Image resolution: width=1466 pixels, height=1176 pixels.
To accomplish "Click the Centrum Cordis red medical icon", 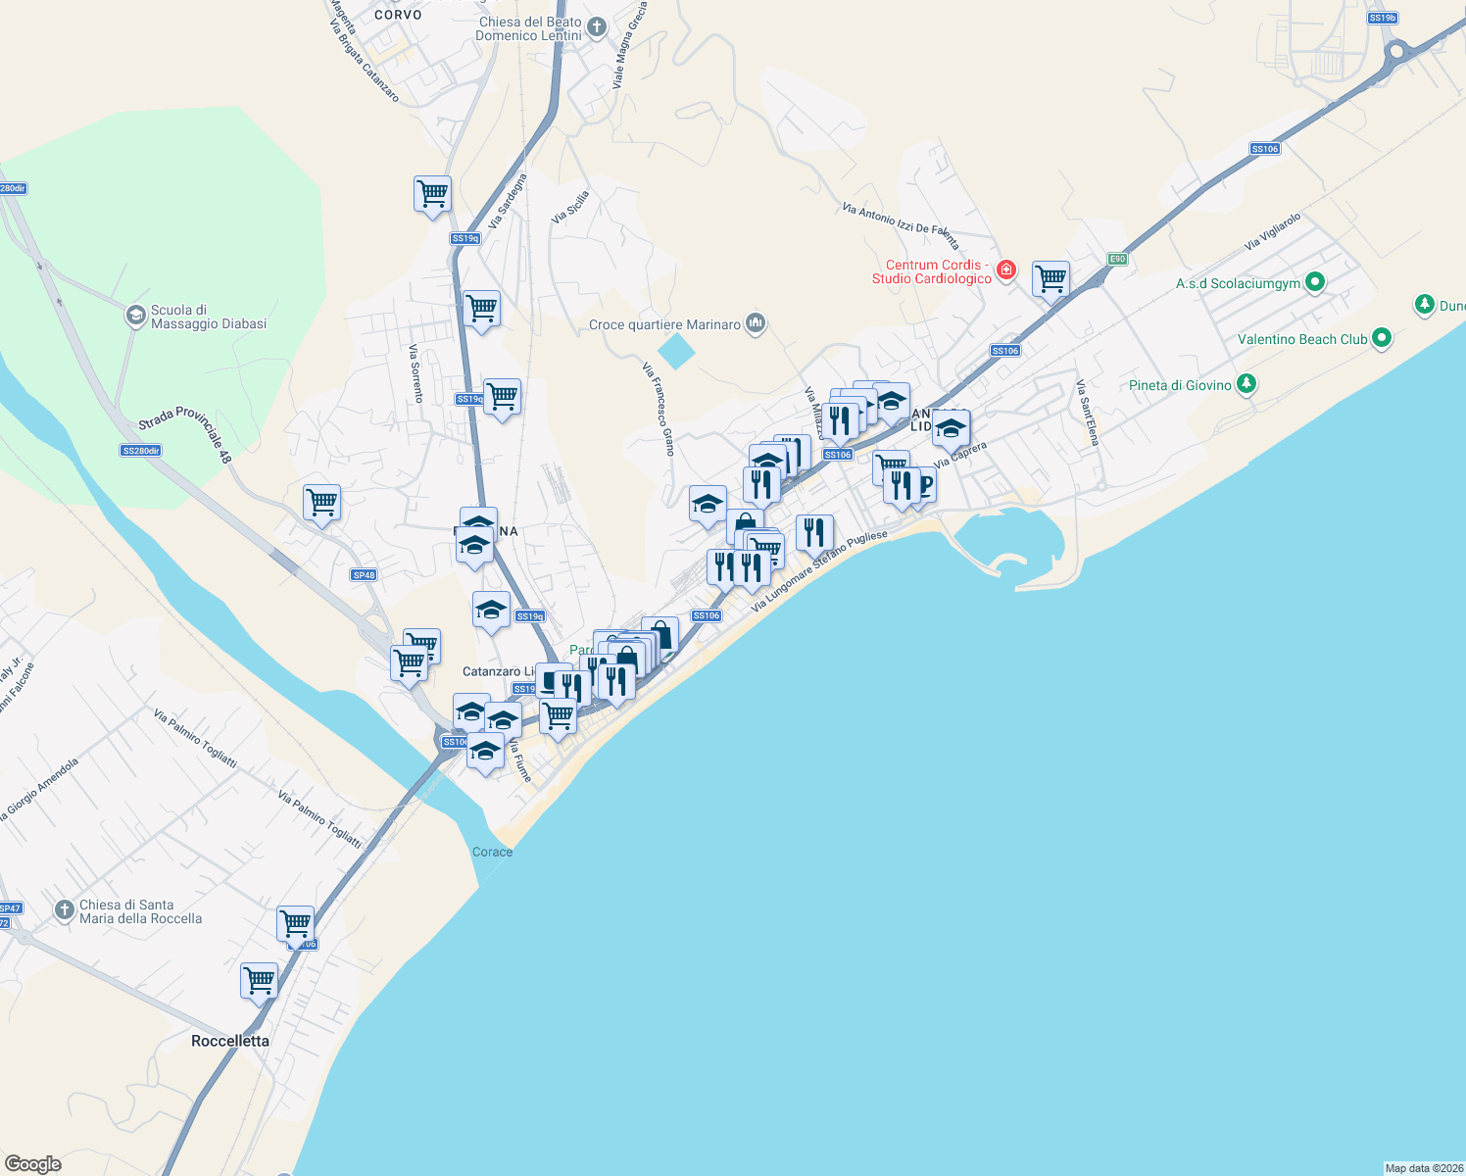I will [x=1005, y=269].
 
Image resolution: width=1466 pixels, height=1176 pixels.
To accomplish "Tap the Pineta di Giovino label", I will [x=1180, y=385].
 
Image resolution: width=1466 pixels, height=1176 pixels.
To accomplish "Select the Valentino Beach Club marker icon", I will [x=1382, y=338].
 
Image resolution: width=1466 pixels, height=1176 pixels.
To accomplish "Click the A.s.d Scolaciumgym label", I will [x=1238, y=283].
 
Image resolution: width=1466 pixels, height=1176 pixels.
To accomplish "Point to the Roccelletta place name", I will [x=230, y=1041].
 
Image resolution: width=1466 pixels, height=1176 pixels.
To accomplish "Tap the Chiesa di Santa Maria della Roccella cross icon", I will [x=64, y=910].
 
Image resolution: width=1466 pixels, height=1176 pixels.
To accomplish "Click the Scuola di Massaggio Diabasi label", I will [x=208, y=317].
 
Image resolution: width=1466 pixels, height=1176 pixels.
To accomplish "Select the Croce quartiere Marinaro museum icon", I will [x=755, y=323].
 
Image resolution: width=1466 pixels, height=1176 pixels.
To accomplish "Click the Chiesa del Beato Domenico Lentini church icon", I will [x=597, y=27].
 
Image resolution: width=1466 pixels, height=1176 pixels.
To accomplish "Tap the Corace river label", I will [x=492, y=852].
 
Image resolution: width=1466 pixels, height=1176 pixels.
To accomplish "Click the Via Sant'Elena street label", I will [x=1087, y=413].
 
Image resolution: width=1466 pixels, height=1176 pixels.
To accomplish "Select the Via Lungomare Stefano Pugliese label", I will [x=819, y=570].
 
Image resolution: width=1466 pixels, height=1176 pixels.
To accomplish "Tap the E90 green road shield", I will [x=1117, y=259].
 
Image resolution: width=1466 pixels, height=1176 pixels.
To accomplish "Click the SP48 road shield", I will [x=364, y=575].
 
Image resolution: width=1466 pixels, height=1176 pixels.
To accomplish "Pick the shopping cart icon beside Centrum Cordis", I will [x=1051, y=279].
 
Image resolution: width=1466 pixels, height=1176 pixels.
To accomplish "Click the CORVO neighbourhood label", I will [x=398, y=15].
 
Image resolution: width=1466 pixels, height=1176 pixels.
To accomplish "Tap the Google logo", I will [x=32, y=1164].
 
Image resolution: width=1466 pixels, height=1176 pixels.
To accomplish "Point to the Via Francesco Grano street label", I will [x=658, y=409].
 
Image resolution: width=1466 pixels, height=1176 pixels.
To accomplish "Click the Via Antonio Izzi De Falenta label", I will [x=901, y=224].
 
